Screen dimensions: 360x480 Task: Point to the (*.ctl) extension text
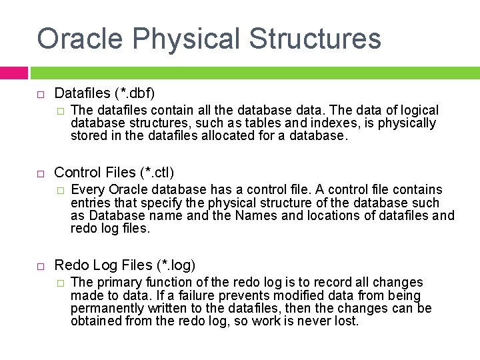[157, 173]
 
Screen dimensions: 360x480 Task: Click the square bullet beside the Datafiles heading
[40, 94]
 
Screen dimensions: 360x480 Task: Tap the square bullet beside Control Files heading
[40, 173]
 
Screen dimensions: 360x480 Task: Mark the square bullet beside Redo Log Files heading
[40, 266]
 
